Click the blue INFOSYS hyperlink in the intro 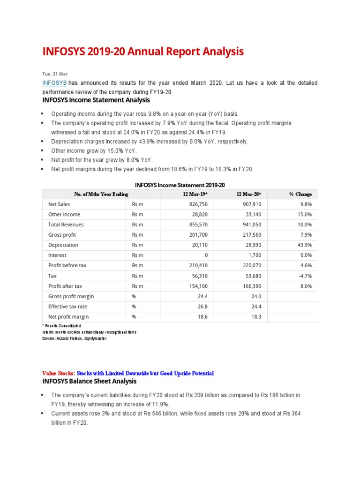[54, 83]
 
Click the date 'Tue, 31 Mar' [55, 74]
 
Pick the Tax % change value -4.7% [304, 276]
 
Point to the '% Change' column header [300, 194]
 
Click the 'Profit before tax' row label [67, 265]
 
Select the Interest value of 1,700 [254, 255]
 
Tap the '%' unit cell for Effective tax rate [134, 307]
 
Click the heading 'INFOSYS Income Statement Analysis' [96, 100]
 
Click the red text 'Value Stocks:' [58, 373]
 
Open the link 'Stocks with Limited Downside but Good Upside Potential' [145, 373]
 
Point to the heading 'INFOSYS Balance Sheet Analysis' [90, 381]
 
